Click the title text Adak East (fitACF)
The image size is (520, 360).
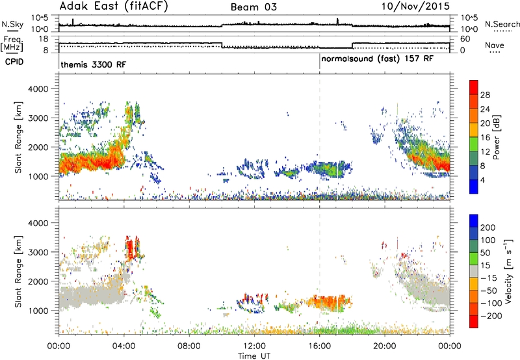114,6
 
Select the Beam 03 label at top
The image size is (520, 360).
253,7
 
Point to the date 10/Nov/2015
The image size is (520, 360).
415,6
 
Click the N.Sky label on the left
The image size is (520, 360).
12,24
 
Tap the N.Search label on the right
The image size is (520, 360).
502,24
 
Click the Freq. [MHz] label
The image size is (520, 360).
12,44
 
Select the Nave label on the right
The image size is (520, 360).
495,45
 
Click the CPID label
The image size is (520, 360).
14,62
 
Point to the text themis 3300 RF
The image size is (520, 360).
93,64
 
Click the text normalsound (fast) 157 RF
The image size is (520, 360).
378,59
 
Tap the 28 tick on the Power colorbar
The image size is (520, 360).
485,95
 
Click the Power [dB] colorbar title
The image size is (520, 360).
496,137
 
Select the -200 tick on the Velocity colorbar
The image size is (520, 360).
491,316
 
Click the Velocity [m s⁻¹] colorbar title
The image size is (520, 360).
508,272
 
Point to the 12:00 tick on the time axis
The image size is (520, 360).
254,346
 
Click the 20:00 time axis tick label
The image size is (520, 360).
385,346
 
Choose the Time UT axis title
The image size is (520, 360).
254,356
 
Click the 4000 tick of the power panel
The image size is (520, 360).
38,89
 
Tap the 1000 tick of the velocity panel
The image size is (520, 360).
38,311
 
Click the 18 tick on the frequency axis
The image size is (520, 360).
44,39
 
